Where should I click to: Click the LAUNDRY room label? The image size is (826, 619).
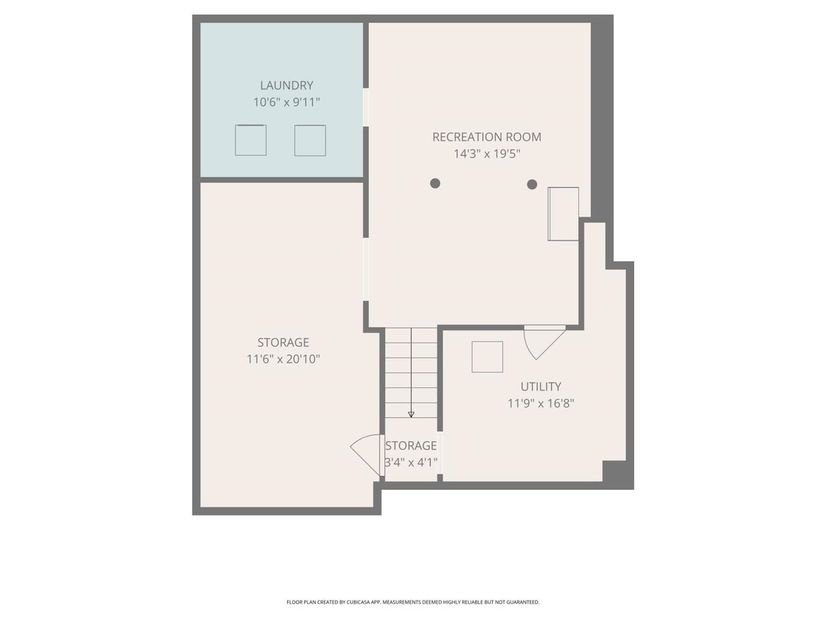coord(287,85)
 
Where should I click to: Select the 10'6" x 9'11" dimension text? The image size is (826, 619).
coord(287,102)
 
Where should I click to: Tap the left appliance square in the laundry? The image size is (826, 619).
coord(250,140)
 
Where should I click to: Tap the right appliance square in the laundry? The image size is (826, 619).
coord(310,140)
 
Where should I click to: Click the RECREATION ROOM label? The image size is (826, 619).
coord(487,137)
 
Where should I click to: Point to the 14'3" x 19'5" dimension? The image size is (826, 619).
coord(487,153)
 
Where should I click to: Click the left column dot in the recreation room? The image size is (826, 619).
coord(435,183)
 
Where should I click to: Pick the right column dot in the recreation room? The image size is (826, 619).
coord(532,184)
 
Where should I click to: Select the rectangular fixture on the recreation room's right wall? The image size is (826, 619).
coord(563,214)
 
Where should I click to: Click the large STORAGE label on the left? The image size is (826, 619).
coord(283,342)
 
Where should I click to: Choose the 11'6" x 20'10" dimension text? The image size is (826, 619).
coord(283,359)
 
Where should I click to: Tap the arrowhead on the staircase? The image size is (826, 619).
coord(411,415)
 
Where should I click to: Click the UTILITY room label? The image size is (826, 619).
coord(541,386)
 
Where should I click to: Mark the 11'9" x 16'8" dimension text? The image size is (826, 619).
coord(541,403)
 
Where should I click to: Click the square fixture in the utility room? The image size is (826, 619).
coord(487,357)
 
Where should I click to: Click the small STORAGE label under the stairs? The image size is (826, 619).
coord(411,446)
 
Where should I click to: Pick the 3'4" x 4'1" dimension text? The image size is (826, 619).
coord(411,462)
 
